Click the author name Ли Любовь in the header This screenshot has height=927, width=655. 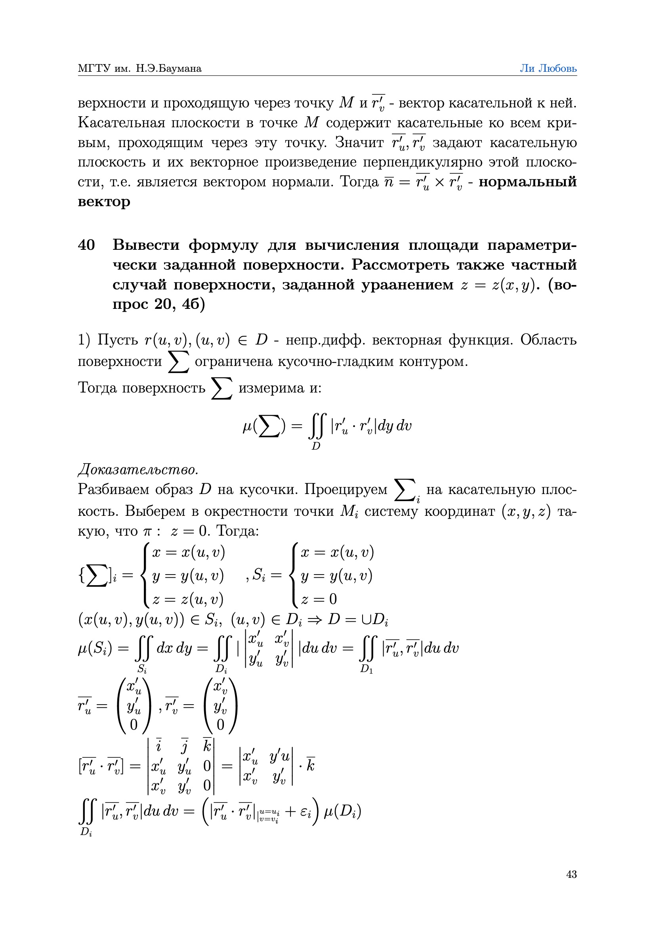pos(548,68)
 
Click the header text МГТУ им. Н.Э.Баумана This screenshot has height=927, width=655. pos(139,68)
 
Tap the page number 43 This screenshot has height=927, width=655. pos(571,874)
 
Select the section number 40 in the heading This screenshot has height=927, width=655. pos(86,245)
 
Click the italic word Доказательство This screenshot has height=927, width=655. pos(138,470)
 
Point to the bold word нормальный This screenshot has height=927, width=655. pos(527,182)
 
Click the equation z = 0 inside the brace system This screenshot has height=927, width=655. pos(319,599)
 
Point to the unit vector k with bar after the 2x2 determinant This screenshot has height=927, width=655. pos(310,765)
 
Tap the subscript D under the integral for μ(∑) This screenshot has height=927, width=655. pos(316,446)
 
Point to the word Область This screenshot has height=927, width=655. pos(548,340)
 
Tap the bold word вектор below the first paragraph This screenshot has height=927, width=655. pos(104,201)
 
